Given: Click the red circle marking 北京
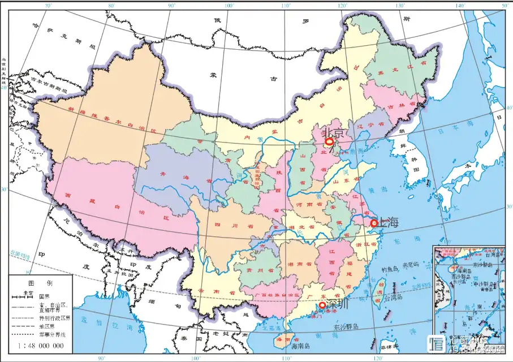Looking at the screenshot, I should [x=329, y=142].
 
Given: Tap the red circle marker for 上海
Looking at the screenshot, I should [x=374, y=223].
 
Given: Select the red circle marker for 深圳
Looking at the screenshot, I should [x=322, y=305].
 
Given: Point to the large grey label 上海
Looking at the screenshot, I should [x=388, y=222].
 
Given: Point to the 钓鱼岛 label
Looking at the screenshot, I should [x=391, y=269].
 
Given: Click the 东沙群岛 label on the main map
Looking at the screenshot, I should [x=347, y=326].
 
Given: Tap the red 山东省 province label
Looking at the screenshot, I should [x=344, y=182].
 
